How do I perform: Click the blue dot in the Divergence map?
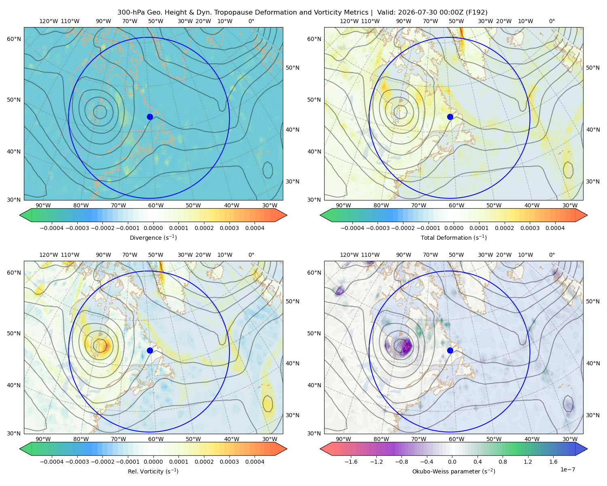tap(150, 117)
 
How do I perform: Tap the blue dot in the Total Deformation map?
tap(450, 117)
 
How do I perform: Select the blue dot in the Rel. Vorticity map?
tap(150, 350)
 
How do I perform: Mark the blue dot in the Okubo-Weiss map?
tap(450, 350)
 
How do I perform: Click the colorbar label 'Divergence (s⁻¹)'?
tap(153, 237)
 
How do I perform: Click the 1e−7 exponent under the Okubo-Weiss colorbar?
tap(567, 469)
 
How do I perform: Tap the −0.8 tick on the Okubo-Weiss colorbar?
tap(402, 462)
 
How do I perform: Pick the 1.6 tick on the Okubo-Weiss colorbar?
tap(553, 462)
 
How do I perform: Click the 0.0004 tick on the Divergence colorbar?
tap(255, 228)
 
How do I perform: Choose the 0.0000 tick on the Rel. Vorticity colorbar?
tap(153, 462)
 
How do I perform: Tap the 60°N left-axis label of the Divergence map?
tap(14, 39)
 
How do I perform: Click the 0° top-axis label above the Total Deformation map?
tap(552, 21)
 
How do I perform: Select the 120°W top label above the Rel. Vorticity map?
tap(49, 255)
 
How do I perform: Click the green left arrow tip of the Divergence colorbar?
tap(20, 215)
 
